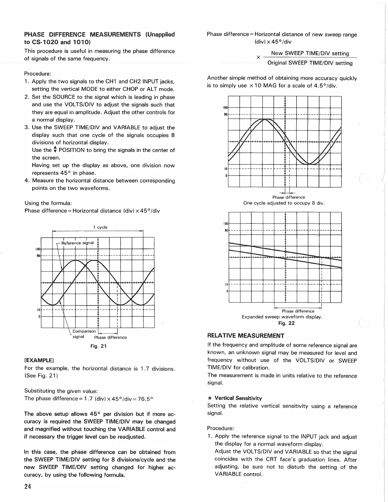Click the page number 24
pyautogui.click(x=27, y=487)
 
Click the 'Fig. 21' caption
pyautogui.click(x=99, y=346)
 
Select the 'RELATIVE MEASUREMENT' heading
pyautogui.click(x=246, y=336)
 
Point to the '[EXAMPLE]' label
pyautogui.click(x=39, y=360)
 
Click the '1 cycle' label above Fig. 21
pyautogui.click(x=100, y=227)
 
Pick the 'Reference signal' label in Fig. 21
pyautogui.click(x=77, y=243)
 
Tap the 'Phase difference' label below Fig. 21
pyautogui.click(x=110, y=338)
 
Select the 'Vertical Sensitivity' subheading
pyautogui.click(x=238, y=398)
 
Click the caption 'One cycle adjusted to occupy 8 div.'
pyautogui.click(x=284, y=203)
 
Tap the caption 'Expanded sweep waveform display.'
pyautogui.click(x=282, y=317)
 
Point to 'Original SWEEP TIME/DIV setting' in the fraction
pyautogui.click(x=310, y=63)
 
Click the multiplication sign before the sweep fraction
pyautogui.click(x=258, y=58)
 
